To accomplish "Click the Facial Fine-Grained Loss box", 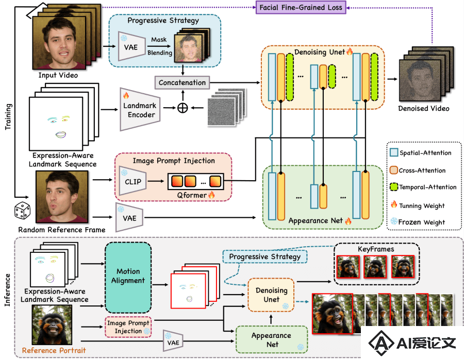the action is pyautogui.click(x=301, y=7).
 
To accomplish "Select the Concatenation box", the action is pyautogui.click(x=182, y=82).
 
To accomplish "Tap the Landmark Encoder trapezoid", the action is pyautogui.click(x=140, y=109).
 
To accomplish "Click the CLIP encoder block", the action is pyautogui.click(x=132, y=181).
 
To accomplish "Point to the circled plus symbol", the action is pyautogui.click(x=183, y=108).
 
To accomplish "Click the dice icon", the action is pyautogui.click(x=23, y=211).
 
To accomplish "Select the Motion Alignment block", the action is pyautogui.click(x=128, y=277).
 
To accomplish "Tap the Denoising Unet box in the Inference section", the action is pyautogui.click(x=271, y=295).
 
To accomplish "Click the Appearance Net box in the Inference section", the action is pyautogui.click(x=271, y=339).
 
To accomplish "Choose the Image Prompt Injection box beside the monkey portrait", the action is pyautogui.click(x=128, y=327).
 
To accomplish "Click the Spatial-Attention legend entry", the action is pyautogui.click(x=421, y=153).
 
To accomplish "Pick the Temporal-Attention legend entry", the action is pyautogui.click(x=423, y=187).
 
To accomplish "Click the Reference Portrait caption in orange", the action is pyautogui.click(x=54, y=351).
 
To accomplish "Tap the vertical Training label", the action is pyautogui.click(x=8, y=116).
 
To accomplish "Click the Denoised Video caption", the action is pyautogui.click(x=423, y=109).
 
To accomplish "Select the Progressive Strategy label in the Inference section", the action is pyautogui.click(x=265, y=256).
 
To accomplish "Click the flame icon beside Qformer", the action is pyautogui.click(x=211, y=195).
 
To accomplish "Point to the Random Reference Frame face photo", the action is pyautogui.click(x=62, y=197).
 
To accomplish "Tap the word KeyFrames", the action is pyautogui.click(x=376, y=249).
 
